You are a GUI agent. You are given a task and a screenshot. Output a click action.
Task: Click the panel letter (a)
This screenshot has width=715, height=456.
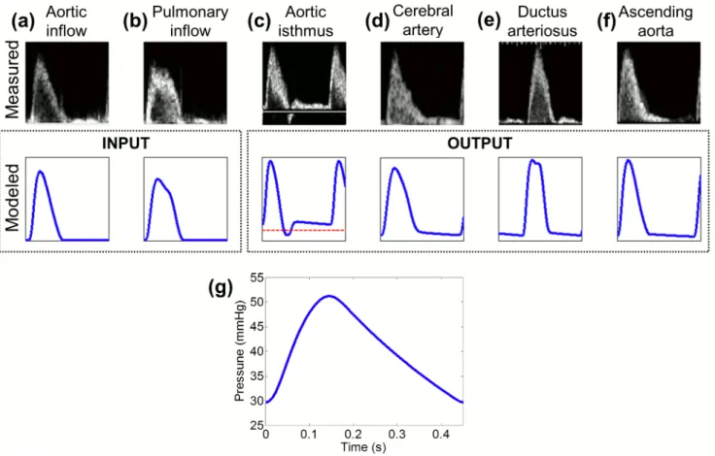coord(23,22)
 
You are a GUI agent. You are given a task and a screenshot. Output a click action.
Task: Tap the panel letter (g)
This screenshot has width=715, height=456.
coord(221,287)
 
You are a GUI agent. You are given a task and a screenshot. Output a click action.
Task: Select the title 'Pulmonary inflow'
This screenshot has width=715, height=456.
coord(190,21)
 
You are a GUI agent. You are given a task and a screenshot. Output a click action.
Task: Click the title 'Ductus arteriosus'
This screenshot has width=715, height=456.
coord(542,21)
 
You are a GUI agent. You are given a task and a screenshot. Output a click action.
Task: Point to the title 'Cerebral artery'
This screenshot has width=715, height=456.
coord(423,20)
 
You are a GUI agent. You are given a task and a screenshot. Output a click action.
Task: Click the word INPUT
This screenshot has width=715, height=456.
coord(125,143)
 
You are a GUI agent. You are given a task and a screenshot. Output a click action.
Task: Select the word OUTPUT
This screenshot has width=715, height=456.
coord(479,143)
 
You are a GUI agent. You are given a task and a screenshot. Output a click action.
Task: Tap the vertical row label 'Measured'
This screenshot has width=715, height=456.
coord(12,80)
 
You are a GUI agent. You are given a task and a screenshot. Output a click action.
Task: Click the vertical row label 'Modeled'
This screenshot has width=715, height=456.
coord(12,197)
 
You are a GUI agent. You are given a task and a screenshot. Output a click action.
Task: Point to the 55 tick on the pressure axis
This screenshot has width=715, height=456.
coord(256,277)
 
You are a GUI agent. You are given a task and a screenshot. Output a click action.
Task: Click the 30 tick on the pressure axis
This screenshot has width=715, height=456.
coord(256,401)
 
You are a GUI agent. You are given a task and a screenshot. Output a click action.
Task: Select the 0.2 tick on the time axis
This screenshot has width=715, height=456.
coord(353,434)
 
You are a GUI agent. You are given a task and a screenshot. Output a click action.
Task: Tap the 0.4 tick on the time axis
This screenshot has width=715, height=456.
coord(441,434)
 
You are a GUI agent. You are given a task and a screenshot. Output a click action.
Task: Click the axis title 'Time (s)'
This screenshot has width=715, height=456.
coord(363,447)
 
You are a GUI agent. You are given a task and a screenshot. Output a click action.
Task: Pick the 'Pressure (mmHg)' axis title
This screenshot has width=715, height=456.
coord(240,350)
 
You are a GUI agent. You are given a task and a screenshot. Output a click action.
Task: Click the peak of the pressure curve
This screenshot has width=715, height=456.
coord(328,296)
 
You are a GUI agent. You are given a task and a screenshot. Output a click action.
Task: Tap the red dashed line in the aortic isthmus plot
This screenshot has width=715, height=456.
coord(303,231)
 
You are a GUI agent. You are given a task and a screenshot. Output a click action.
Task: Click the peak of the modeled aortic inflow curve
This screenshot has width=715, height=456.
coord(41,172)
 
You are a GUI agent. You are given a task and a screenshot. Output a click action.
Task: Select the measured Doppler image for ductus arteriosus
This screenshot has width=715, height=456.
coord(540,82)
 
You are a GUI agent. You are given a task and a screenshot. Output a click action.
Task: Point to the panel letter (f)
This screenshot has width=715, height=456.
coord(607,22)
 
